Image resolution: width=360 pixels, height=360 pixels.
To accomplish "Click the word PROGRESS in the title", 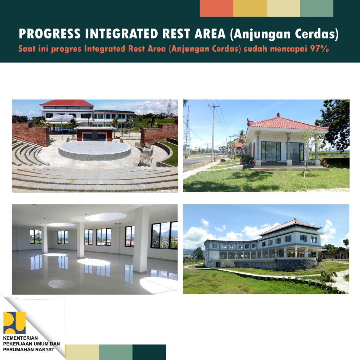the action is pyautogui.click(x=50, y=34).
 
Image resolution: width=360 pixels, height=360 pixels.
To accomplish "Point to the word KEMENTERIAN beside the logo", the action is pyautogui.click(x=21, y=338).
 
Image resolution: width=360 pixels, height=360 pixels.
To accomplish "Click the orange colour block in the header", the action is pyautogui.click(x=216, y=8).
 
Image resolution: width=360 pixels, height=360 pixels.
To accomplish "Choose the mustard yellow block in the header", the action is pyautogui.click(x=250, y=8).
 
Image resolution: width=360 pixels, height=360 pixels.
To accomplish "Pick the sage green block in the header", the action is pyautogui.click(x=317, y=8).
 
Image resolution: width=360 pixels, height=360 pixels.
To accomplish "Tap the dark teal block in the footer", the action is pyautogui.click(x=149, y=352).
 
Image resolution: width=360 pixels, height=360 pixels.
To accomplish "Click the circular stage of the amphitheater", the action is pyautogui.click(x=95, y=150).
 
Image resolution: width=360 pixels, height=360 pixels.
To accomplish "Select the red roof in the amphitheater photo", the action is pyautogui.click(x=67, y=103).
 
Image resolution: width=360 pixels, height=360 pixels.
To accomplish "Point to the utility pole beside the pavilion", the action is pyautogui.click(x=213, y=133).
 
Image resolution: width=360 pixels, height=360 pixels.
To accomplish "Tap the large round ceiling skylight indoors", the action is pyautogui.click(x=106, y=217).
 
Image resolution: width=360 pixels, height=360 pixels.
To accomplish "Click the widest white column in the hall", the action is pyautogui.click(x=141, y=240).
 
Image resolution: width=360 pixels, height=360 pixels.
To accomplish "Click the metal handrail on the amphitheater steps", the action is pyautogui.click(x=146, y=154).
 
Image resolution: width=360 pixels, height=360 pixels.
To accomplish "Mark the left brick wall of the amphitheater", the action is pyautogui.click(x=31, y=134).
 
